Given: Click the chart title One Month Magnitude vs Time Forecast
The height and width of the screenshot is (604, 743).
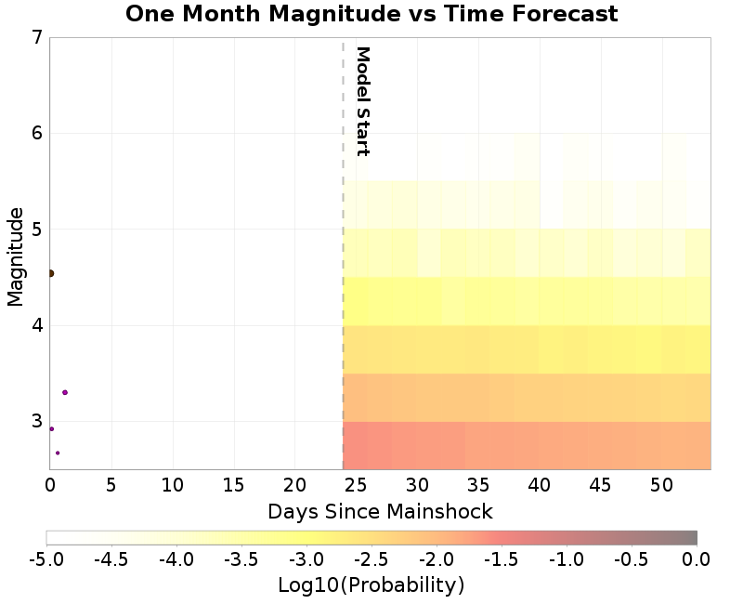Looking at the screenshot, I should (x=371, y=14).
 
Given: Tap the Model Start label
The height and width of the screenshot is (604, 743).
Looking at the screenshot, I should (x=363, y=101).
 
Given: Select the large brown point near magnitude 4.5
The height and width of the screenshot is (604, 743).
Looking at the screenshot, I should (x=50, y=273).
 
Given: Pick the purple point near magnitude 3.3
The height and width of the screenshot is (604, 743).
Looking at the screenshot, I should (x=64, y=392).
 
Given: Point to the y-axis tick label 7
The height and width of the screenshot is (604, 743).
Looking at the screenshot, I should (x=37, y=38).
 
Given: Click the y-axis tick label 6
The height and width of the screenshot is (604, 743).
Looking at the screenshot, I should (x=37, y=134).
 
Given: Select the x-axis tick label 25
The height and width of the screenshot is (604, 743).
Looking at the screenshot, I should (x=356, y=484).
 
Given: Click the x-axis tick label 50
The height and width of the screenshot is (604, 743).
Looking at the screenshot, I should (x=661, y=484).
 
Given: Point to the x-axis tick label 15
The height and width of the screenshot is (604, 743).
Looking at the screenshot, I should (x=233, y=484).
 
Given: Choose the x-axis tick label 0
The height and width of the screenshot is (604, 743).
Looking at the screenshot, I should (x=50, y=484).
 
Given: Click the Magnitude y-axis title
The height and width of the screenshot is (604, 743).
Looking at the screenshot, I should (x=15, y=256).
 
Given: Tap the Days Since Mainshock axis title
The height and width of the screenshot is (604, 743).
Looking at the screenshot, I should (x=380, y=511).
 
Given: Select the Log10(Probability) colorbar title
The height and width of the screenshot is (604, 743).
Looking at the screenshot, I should (x=371, y=585).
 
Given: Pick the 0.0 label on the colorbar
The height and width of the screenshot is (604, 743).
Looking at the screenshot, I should (x=697, y=559).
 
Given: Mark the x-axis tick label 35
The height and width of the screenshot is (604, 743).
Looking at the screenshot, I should (x=478, y=484).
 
